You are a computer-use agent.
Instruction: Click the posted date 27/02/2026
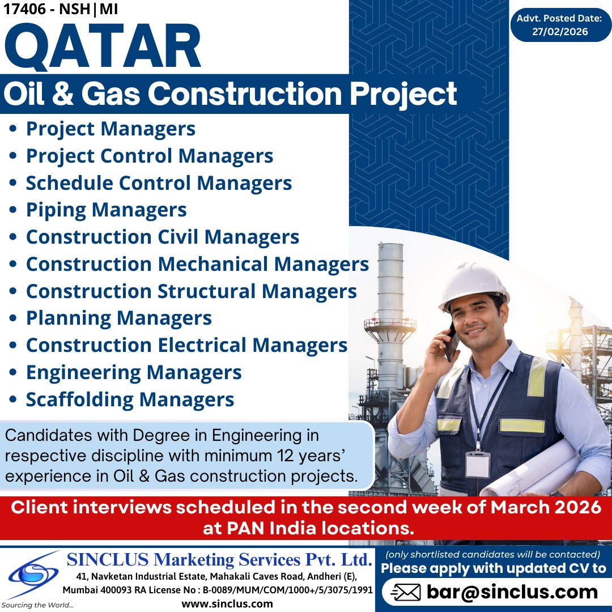click(x=559, y=32)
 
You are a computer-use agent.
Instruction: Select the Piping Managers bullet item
click(x=106, y=210)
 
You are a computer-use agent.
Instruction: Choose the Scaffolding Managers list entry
click(x=130, y=399)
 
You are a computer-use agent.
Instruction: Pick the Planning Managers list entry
click(x=118, y=318)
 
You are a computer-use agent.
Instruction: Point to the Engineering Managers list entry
click(x=134, y=373)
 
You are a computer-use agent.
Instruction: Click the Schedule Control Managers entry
click(x=159, y=183)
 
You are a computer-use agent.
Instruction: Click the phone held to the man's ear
click(x=452, y=343)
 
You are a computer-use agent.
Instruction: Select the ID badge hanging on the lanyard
click(x=478, y=464)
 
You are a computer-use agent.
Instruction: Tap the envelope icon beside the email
click(x=406, y=593)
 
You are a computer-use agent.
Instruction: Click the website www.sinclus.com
click(x=227, y=603)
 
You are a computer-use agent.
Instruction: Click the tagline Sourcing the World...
click(x=37, y=605)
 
